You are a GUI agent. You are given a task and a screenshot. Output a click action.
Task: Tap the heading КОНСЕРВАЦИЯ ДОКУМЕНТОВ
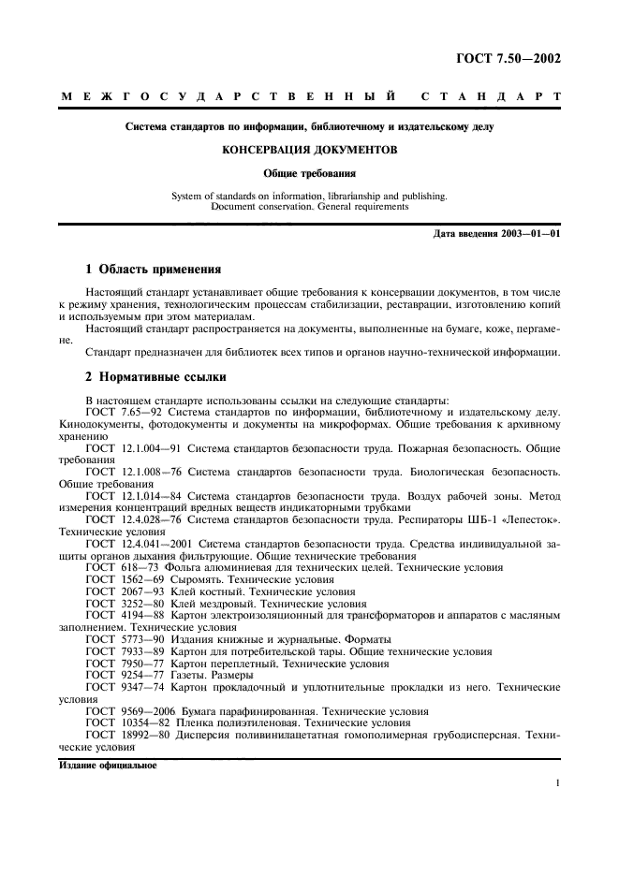coord(309,149)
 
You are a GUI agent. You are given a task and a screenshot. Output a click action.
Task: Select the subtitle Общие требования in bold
coord(309,173)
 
